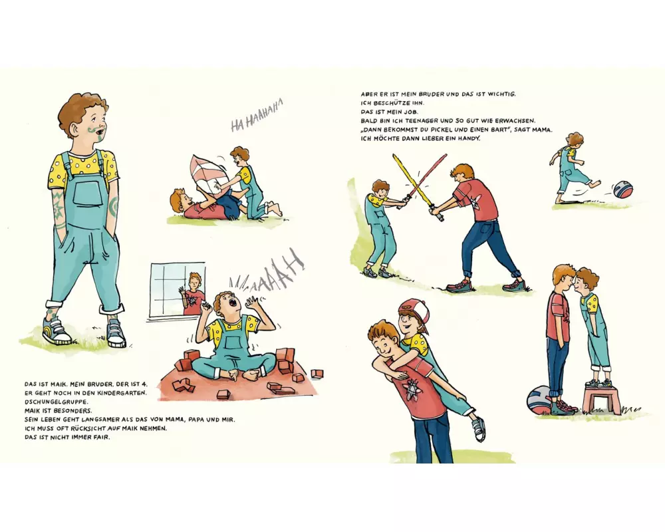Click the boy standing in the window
click(193, 293)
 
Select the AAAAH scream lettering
click(267, 271)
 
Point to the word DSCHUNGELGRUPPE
click(57, 402)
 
